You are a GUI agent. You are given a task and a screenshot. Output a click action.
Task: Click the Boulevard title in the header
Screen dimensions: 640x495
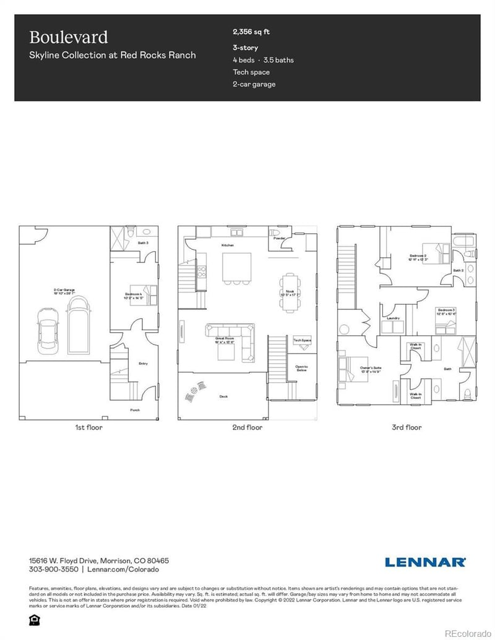pos(69,37)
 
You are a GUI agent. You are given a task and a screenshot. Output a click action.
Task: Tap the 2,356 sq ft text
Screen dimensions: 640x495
pos(251,32)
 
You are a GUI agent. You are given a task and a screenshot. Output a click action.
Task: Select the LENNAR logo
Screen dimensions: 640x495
pos(425,562)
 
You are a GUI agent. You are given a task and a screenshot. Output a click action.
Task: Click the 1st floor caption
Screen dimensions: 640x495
pos(88,427)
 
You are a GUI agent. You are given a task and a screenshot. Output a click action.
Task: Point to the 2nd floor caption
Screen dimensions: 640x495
pos(247,427)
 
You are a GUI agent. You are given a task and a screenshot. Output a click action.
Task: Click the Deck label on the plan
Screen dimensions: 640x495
pos(223,396)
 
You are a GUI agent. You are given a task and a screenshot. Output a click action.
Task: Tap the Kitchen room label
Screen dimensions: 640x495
pos(228,245)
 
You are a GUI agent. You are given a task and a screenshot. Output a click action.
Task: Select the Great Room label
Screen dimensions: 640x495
pos(224,339)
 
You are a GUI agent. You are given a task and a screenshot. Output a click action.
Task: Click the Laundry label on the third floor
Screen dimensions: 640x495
pos(392,318)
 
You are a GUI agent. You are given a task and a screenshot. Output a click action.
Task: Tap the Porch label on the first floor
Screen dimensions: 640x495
pos(134,410)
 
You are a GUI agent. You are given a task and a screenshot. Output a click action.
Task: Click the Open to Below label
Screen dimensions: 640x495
pos(302,369)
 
